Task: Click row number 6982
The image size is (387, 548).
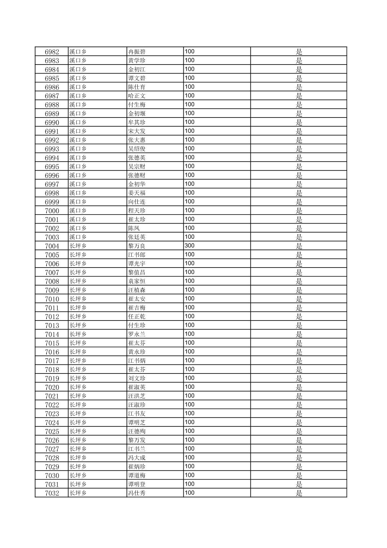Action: pos(52,52)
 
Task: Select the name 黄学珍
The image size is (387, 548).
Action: pos(137,61)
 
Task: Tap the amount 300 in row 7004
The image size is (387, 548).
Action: pos(190,246)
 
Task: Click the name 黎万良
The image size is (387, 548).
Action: pos(137,246)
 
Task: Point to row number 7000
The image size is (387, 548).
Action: pos(52,211)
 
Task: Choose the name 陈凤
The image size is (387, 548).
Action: pos(134,228)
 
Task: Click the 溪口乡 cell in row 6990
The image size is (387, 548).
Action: pos(78,122)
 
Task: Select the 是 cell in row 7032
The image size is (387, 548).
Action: pos(299,493)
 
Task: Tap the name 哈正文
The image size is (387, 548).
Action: pos(137,96)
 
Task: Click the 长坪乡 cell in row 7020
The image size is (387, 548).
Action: pos(78,387)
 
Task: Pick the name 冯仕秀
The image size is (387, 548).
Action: pos(137,493)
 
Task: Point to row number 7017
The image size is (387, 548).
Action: pos(52,361)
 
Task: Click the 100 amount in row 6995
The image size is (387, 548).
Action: pos(190,166)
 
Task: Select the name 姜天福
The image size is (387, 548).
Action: pos(137,193)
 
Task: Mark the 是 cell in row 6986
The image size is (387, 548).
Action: pos(299,87)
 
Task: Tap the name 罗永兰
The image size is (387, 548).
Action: pos(137,334)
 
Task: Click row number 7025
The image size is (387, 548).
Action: pos(52,432)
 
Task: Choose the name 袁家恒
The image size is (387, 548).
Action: pos(137,281)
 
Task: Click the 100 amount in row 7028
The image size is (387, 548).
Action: pos(190,458)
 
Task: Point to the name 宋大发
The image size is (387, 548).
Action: pos(137,131)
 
